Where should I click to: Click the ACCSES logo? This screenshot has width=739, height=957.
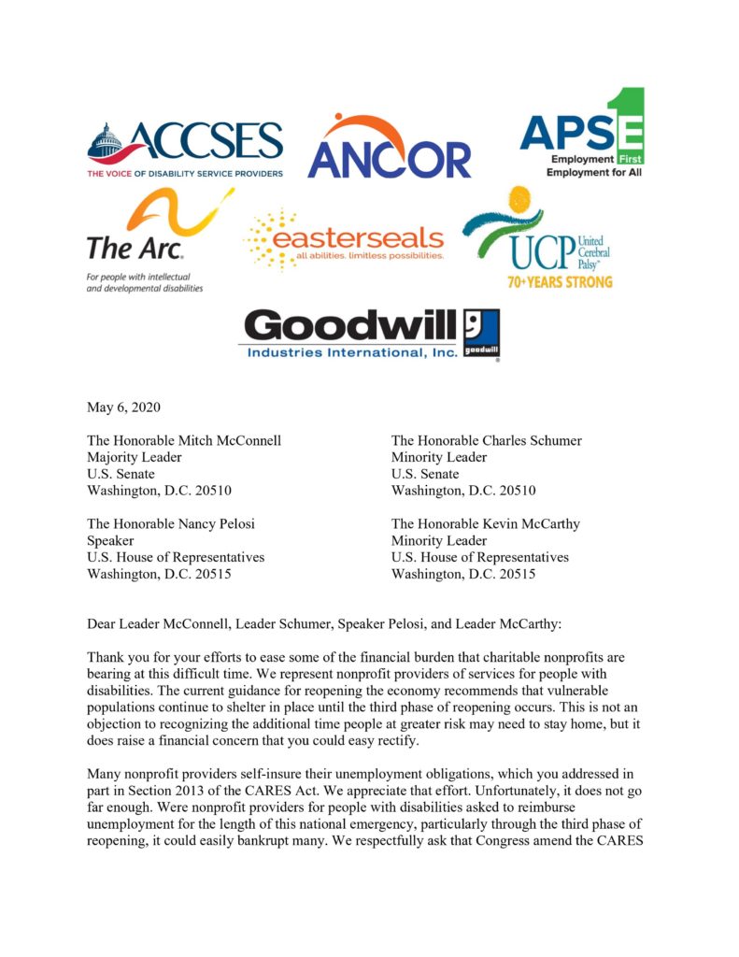(185, 148)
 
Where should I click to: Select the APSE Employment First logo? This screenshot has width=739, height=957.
(581, 133)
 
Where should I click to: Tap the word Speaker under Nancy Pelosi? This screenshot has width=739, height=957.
(110, 540)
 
